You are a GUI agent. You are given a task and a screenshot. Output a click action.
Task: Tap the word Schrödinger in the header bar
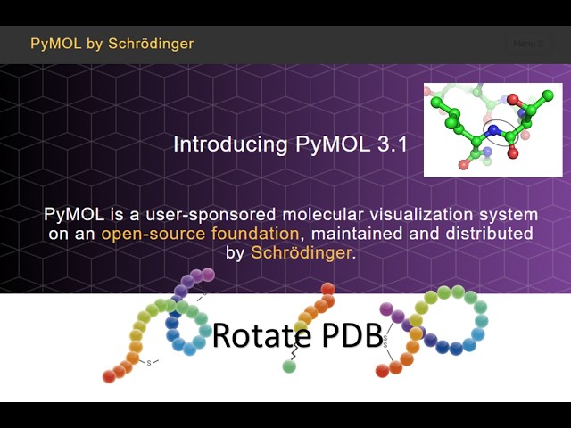coord(151,43)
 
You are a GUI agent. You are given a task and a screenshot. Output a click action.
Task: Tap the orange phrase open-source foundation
coord(200,234)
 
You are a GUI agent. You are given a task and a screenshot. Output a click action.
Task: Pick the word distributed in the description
coord(489,234)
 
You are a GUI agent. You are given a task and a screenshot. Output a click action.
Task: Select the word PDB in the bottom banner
coord(350,335)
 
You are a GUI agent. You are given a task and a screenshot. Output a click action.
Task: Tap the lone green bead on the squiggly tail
coord(289,366)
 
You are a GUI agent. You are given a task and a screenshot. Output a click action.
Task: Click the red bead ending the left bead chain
coord(109,376)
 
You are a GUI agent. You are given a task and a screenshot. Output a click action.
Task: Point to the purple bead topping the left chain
coord(208,275)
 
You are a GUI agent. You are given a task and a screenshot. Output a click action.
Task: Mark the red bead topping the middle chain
coord(328,289)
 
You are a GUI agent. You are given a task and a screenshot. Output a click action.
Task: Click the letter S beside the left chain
coord(150,362)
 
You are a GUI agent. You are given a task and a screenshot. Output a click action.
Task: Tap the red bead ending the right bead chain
coord(383,371)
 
